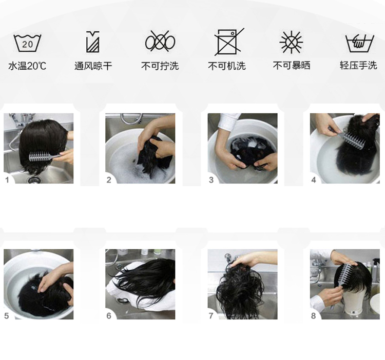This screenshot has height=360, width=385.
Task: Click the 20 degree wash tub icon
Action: [27, 43]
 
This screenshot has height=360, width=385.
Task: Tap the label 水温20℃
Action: [27, 66]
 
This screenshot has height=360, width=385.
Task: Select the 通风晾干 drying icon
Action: [93, 42]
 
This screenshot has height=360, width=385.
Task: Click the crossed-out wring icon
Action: [160, 42]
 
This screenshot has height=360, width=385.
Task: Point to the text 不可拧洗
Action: [160, 66]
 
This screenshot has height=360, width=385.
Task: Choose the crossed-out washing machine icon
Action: [228, 42]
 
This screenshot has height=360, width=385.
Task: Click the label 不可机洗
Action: [227, 66]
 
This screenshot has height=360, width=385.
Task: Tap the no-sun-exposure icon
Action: [291, 42]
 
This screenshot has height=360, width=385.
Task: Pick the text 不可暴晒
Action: [292, 66]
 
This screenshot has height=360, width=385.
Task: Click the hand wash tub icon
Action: [359, 43]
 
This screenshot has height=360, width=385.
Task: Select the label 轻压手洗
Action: [358, 66]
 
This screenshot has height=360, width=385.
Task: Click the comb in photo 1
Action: [44, 156]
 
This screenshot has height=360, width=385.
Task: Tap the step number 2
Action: [109, 180]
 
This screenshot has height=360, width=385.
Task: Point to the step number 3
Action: [211, 180]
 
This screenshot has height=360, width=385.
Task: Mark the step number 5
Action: [7, 316]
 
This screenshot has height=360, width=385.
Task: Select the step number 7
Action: [211, 316]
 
